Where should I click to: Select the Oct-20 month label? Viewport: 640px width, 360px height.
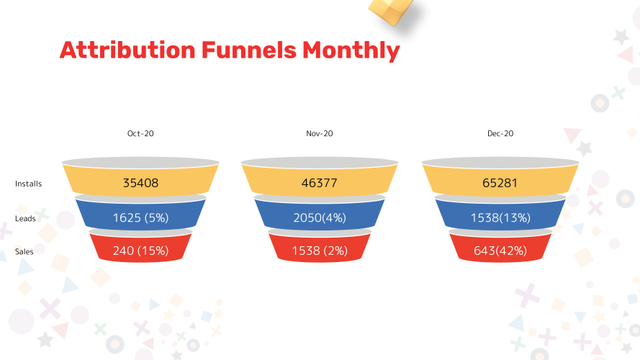pos(140,133)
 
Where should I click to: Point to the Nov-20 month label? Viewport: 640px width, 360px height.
pos(320,133)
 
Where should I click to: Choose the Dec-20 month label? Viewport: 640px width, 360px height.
pos(500,133)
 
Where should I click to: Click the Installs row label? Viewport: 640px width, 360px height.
pos(29,184)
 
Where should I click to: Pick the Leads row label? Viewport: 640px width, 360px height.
pos(26,218)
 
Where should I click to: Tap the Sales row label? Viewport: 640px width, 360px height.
pos(24,251)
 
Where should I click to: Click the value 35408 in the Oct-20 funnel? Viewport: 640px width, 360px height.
pos(140,184)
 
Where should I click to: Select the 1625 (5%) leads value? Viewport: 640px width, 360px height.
pos(140,217)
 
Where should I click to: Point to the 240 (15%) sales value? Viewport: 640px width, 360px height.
pos(140,251)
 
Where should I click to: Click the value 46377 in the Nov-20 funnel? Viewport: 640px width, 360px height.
pos(320,184)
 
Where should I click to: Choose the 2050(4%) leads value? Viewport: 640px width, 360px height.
pos(320,217)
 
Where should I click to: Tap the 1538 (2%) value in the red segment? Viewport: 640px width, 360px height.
pos(320,251)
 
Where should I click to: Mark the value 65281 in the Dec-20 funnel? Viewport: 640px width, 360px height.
pos(500,184)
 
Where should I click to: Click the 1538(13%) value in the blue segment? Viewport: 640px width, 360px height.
pos(500,217)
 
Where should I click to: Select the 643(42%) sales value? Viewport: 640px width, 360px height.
pos(500,251)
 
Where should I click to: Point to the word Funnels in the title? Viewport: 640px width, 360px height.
pos(248,50)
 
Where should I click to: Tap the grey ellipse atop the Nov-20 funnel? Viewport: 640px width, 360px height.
pos(320,162)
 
